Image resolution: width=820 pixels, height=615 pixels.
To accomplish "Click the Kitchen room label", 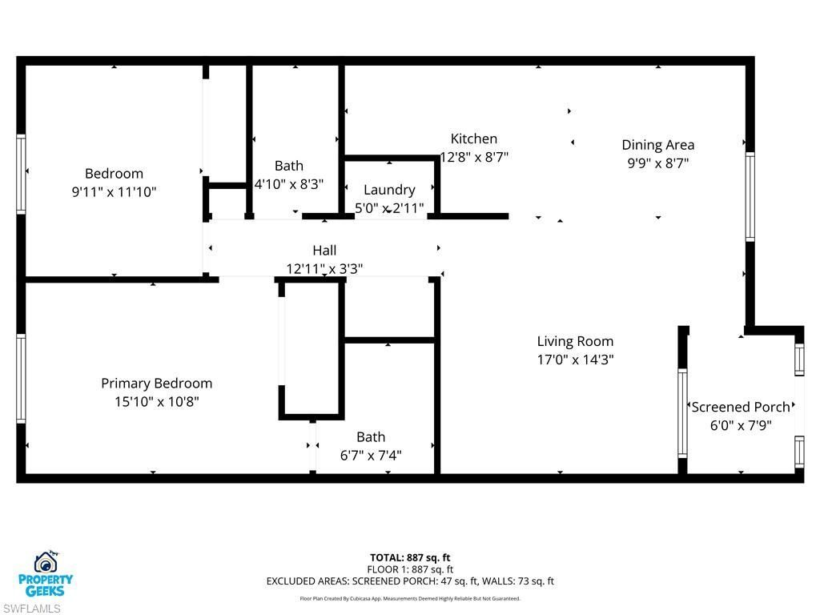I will pyautogui.click(x=473, y=139).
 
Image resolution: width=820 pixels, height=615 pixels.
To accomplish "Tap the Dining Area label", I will pyautogui.click(x=657, y=145).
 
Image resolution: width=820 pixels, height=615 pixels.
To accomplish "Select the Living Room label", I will pyautogui.click(x=575, y=341).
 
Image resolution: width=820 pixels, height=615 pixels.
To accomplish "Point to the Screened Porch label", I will pyautogui.click(x=741, y=407).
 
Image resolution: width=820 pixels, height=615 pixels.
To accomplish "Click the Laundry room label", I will pyautogui.click(x=389, y=190).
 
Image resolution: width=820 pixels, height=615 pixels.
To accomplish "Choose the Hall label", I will pyautogui.click(x=324, y=251).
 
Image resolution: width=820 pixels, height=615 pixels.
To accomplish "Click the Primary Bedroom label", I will pyautogui.click(x=156, y=384).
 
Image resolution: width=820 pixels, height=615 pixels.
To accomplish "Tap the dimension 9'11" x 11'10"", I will pyautogui.click(x=114, y=192).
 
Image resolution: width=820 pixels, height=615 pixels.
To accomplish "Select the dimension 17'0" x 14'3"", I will pyautogui.click(x=575, y=360).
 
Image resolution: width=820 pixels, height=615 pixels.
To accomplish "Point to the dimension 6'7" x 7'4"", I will pyautogui.click(x=371, y=456).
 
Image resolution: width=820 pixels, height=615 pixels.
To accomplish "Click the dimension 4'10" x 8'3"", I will pyautogui.click(x=289, y=184).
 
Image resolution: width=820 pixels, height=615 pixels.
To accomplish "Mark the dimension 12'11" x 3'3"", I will pyautogui.click(x=324, y=269).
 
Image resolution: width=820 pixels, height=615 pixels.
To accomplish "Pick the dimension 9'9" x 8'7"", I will pyautogui.click(x=657, y=163).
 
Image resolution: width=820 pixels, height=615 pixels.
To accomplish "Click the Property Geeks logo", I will pyautogui.click(x=46, y=573).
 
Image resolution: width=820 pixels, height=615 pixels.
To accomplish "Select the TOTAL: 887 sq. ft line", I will pyautogui.click(x=410, y=557).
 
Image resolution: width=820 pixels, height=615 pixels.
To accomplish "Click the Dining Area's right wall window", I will pyautogui.click(x=750, y=196).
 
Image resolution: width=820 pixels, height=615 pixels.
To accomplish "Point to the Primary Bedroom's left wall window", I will pyautogui.click(x=21, y=378).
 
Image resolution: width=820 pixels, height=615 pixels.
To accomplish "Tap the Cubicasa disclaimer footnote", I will pyautogui.click(x=410, y=598).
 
